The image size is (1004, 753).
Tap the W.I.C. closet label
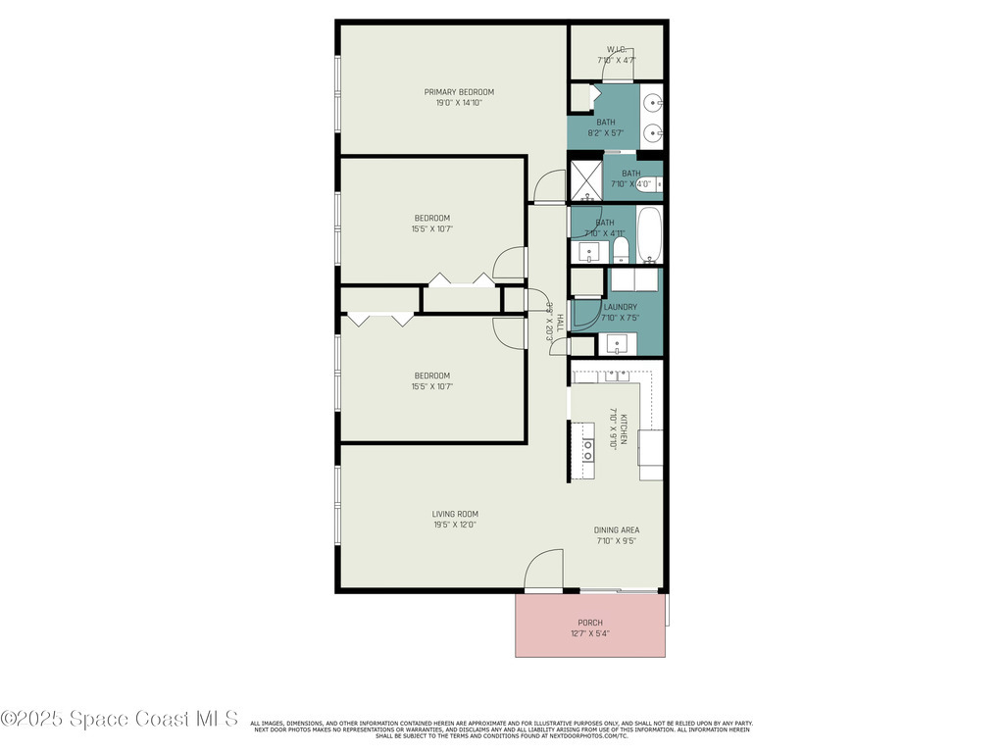(x=617, y=49)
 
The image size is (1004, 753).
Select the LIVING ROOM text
(x=455, y=514)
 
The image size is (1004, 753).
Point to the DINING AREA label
(x=617, y=530)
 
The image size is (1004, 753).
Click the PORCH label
(x=590, y=623)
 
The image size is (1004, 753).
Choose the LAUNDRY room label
(x=620, y=307)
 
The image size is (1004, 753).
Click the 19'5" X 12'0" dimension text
(x=455, y=525)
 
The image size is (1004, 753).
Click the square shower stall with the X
(x=586, y=180)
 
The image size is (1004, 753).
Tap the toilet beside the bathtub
(x=620, y=248)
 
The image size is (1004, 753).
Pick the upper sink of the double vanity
(x=652, y=101)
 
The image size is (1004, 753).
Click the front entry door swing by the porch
(x=545, y=571)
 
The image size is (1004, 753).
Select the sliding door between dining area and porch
(x=618, y=590)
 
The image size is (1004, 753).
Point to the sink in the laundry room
(x=617, y=344)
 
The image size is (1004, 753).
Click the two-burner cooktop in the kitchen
(x=588, y=450)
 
